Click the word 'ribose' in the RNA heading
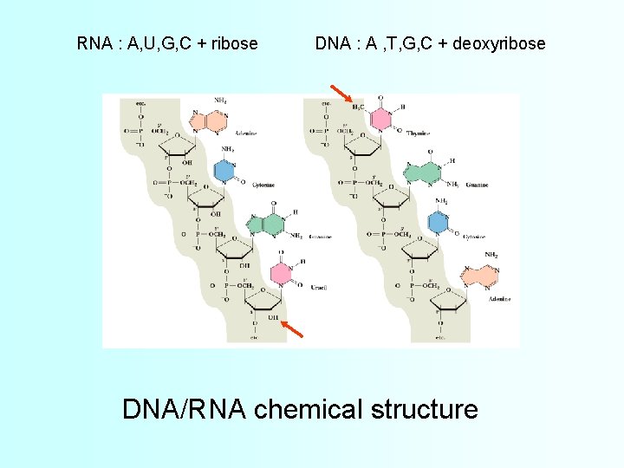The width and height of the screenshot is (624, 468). [232, 42]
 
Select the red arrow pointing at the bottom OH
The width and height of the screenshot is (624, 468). [293, 328]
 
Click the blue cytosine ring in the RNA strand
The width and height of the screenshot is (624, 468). [225, 171]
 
